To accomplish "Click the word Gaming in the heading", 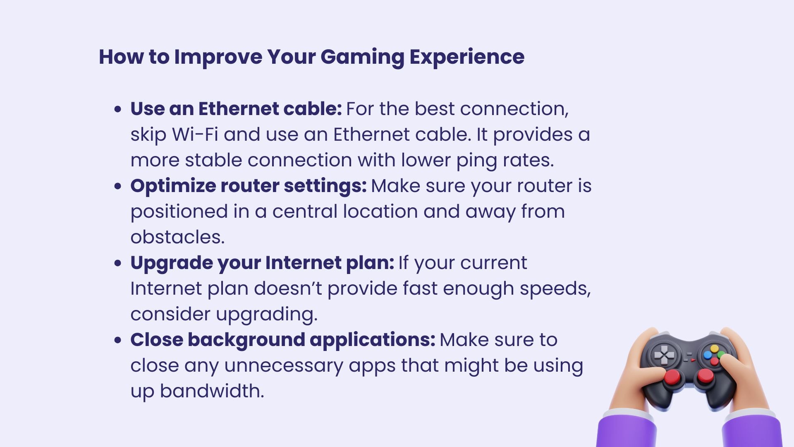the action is [x=362, y=57].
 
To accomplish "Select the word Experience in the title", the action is [x=467, y=57].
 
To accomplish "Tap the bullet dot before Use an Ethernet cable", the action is [x=118, y=109].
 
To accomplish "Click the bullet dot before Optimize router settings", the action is [x=118, y=186].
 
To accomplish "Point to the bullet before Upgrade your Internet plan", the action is [x=118, y=263].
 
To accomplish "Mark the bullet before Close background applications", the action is [x=118, y=340].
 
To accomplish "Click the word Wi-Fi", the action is [x=195, y=135].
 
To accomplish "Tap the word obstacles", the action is [x=177, y=237].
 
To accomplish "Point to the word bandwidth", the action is [x=212, y=391].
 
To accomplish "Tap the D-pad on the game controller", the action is [x=664, y=355].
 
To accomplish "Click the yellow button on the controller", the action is [x=714, y=348].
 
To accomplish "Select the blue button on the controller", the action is [x=708, y=355].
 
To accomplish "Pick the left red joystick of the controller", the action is [x=672, y=377].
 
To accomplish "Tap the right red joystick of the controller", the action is [x=705, y=376].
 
